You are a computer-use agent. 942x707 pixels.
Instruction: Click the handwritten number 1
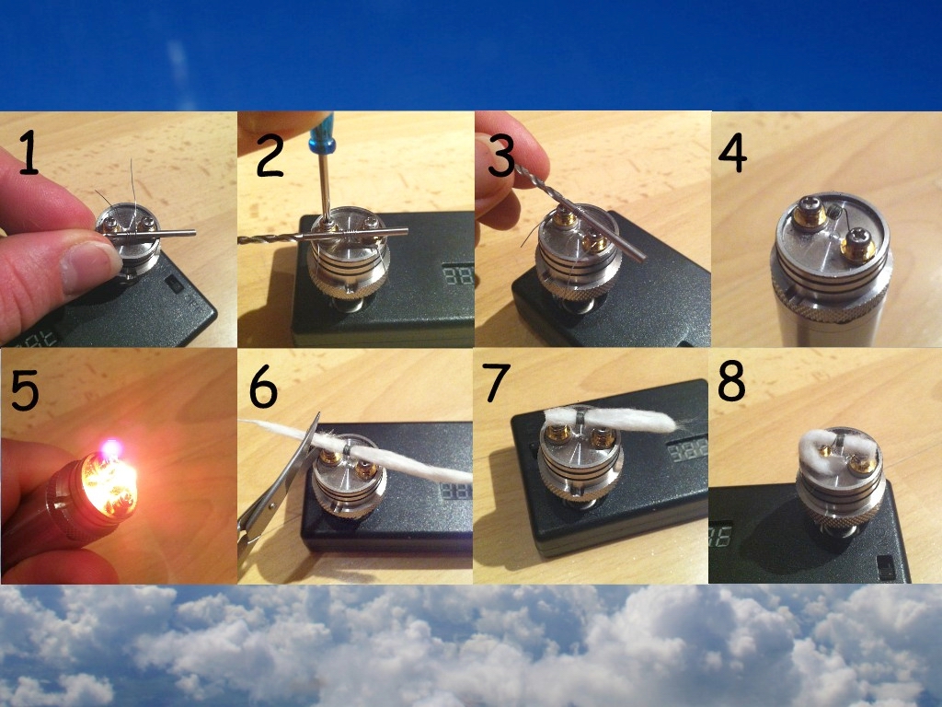[x=28, y=154]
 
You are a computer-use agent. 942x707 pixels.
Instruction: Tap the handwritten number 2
[x=270, y=155]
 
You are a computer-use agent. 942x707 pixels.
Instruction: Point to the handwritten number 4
[x=732, y=153]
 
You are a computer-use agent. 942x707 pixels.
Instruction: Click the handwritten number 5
[x=25, y=390]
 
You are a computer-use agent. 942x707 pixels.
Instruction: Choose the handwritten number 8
[x=731, y=380]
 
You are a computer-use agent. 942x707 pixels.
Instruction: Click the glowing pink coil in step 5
[x=111, y=448]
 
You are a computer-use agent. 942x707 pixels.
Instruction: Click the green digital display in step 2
[x=458, y=276]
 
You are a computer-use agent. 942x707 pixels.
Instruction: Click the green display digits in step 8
[x=719, y=536]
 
